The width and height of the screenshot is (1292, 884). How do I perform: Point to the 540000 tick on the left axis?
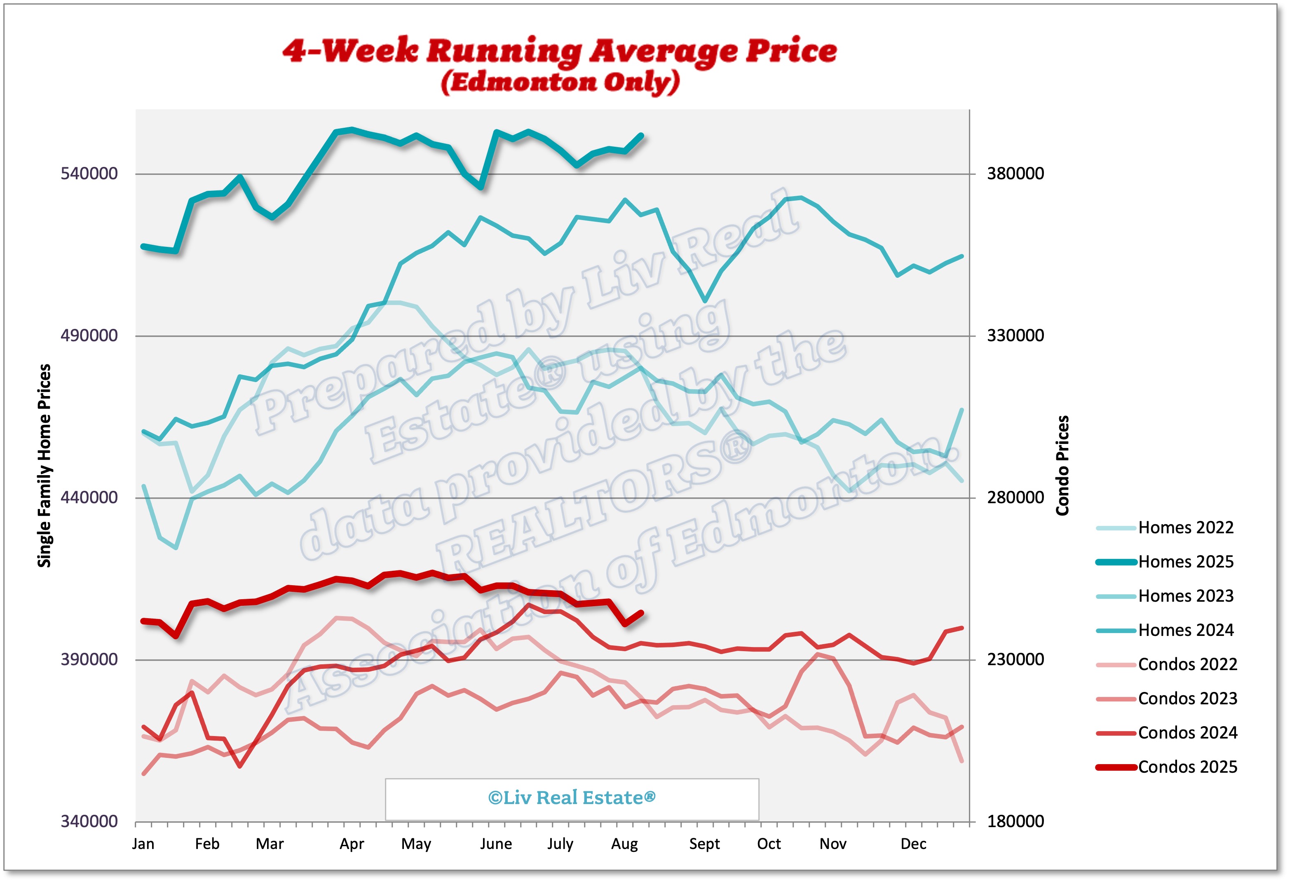point(89,174)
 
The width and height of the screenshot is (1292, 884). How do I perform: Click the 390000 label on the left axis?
point(89,659)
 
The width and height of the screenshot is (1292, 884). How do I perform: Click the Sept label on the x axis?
point(704,844)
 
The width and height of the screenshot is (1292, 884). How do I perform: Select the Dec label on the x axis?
point(913,844)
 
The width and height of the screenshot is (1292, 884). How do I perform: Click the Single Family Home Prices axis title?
point(45,466)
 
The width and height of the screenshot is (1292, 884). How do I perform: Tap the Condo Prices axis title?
point(1062,466)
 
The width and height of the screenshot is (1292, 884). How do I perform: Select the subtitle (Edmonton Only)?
point(560,82)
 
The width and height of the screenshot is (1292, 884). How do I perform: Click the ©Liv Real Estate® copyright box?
point(572,798)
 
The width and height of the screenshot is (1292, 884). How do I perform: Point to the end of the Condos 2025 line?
point(642,613)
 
